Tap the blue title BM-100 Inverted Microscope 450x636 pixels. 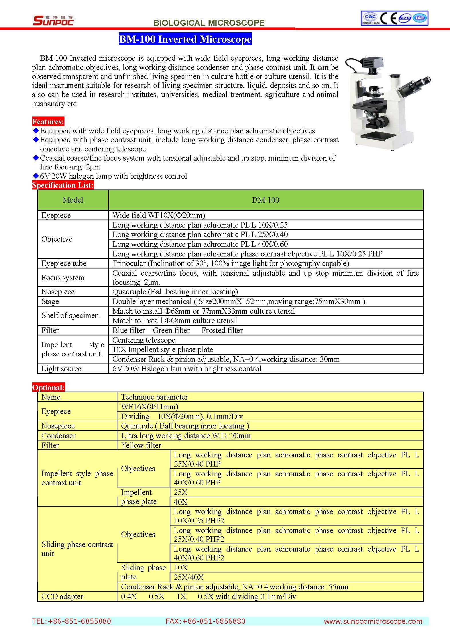click(x=185, y=39)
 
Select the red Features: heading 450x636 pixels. click(x=48, y=122)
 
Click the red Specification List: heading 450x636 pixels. click(x=63, y=185)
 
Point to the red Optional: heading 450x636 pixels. click(x=48, y=388)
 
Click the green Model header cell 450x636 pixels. click(x=73, y=200)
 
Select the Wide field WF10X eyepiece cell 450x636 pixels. click(x=159, y=215)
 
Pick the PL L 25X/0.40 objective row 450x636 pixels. click(x=200, y=234)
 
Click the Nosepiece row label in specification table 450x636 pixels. click(x=58, y=292)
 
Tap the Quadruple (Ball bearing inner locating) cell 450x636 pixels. click(x=175, y=292)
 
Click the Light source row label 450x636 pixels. click(x=61, y=369)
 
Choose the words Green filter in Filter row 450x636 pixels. click(x=171, y=330)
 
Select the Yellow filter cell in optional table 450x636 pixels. click(x=141, y=445)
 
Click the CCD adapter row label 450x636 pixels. click(x=62, y=597)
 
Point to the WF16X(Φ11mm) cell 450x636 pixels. click(x=150, y=407)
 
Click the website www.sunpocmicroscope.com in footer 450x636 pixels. click(x=373, y=621)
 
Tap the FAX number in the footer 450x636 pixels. click(x=205, y=621)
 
